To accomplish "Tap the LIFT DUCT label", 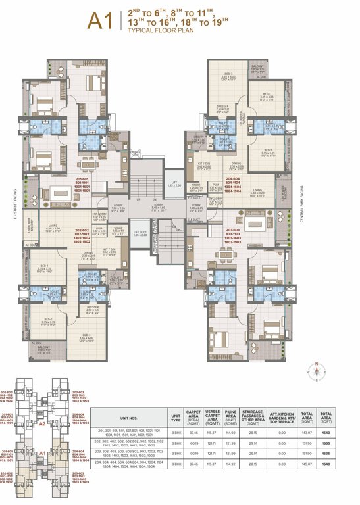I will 139,233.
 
